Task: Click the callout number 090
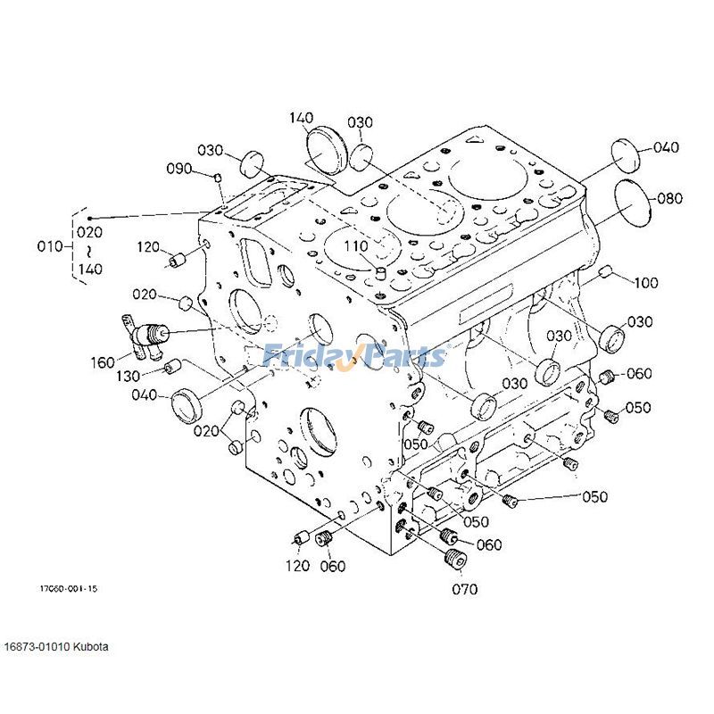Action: pos(179,169)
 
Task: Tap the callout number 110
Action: pos(356,245)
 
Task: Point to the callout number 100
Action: pos(646,283)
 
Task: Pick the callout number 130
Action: pos(128,375)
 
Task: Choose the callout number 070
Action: pos(464,588)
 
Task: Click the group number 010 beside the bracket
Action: pos(54,245)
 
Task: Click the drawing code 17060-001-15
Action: pos(68,589)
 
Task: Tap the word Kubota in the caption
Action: pos(91,645)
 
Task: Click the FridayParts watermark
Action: pos(354,357)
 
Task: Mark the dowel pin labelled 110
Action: pos(378,270)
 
